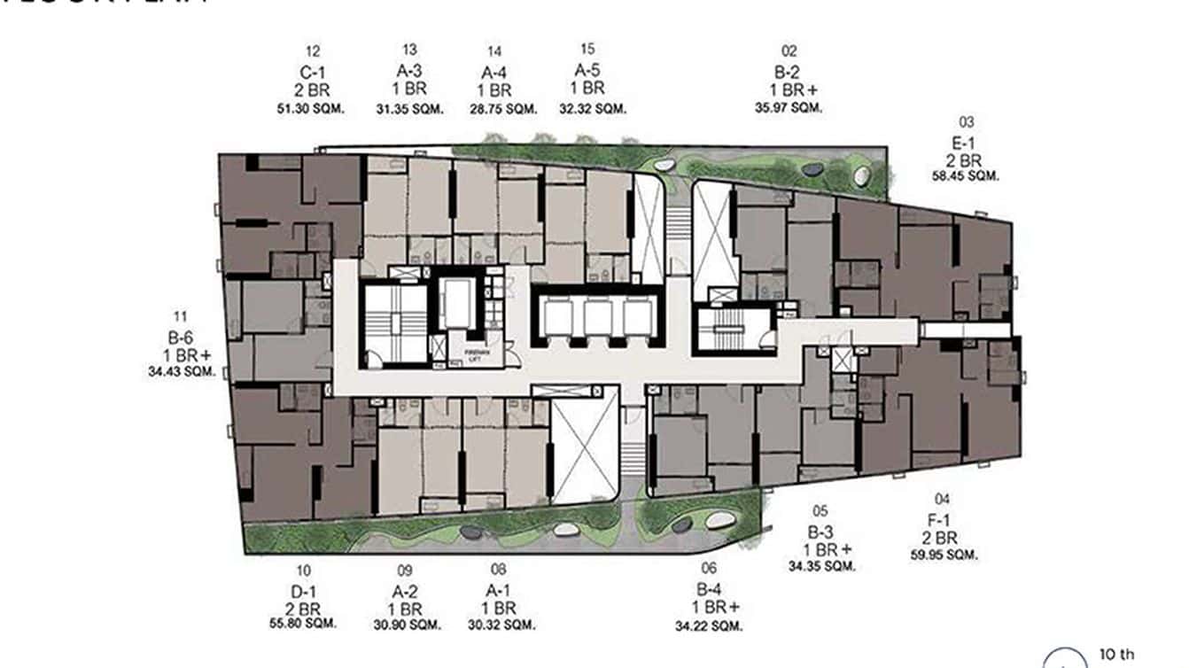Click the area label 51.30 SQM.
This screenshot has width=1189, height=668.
310,109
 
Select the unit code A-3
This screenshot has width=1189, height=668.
408,71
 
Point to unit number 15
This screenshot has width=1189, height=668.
587,50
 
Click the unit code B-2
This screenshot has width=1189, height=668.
789,71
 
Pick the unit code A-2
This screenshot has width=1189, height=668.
405,590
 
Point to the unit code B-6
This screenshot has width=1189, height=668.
182,337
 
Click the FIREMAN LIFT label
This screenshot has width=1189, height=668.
465,353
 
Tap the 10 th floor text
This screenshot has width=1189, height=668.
1115,654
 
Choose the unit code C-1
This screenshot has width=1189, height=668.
311,71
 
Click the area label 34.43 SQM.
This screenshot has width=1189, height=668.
182,373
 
